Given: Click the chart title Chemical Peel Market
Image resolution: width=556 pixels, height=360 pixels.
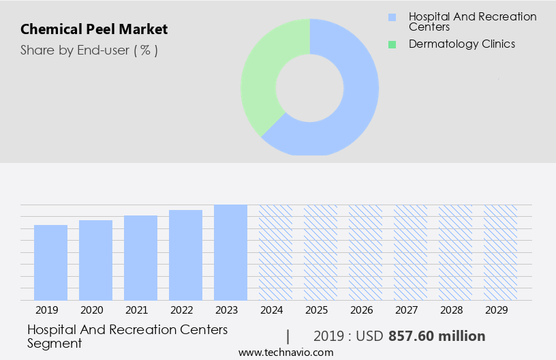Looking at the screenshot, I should point(94,29).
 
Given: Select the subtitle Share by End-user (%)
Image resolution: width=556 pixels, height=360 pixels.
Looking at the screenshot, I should point(89,50).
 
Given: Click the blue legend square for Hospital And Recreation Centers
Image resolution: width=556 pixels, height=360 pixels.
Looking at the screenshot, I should point(391,17).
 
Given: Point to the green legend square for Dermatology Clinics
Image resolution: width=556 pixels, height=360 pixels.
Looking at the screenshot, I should point(391,44).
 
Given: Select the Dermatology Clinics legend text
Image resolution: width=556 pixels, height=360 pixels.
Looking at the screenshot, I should point(461,44).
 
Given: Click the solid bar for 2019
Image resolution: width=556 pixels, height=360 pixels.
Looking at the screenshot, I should point(51,262).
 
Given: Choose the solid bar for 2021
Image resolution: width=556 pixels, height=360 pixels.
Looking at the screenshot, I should point(141,258).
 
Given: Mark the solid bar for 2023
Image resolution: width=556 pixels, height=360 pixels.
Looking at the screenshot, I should point(230,252).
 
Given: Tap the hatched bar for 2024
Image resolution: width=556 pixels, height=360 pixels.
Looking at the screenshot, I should point(275,252).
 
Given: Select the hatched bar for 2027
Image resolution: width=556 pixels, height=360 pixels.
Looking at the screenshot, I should point(410,252).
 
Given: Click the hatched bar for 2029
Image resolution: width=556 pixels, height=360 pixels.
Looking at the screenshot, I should point(500,252).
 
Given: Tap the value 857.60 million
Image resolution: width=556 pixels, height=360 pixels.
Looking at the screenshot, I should point(437,336).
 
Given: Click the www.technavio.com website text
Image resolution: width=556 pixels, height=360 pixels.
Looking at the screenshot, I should point(286,352).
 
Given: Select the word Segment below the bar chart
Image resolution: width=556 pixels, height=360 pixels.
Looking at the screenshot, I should point(55,343).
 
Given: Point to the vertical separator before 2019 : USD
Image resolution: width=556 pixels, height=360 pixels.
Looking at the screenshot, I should point(288,336).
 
